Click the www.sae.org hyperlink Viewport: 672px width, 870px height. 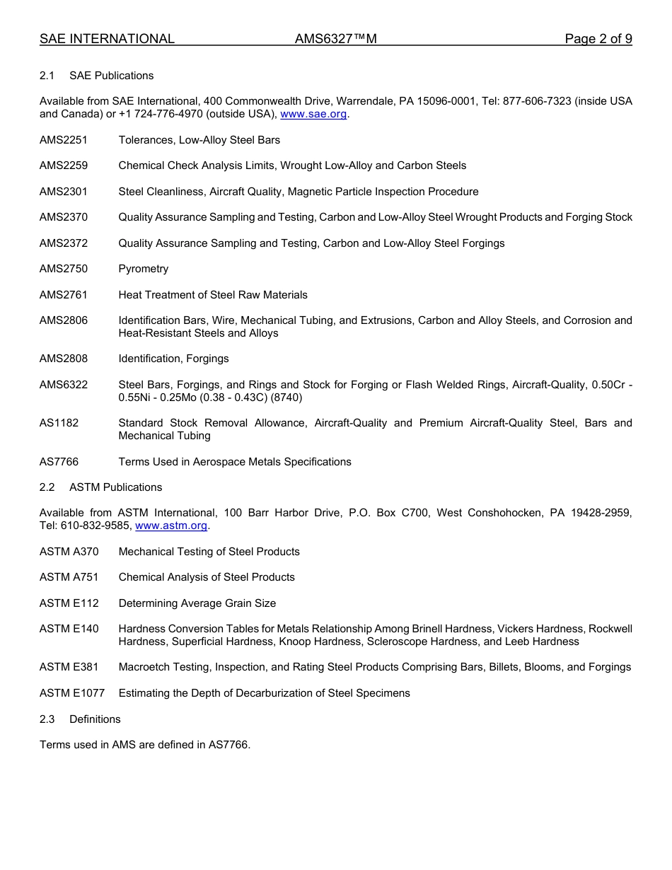[x=313, y=114]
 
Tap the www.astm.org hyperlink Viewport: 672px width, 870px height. [x=170, y=526]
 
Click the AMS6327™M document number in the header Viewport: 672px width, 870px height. [x=335, y=39]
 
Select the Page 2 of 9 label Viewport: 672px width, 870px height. [x=598, y=39]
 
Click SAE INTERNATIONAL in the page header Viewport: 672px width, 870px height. [x=107, y=39]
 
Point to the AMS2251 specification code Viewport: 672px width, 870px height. [x=64, y=140]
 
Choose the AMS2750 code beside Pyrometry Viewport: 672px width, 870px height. [x=64, y=269]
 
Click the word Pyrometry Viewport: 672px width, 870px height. [x=144, y=269]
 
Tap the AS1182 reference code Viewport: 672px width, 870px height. [x=59, y=423]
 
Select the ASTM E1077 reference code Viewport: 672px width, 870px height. [x=71, y=693]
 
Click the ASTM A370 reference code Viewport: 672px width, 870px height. [x=69, y=552]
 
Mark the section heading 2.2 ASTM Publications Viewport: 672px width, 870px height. [x=100, y=487]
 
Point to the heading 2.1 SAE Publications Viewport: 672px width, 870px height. [x=96, y=76]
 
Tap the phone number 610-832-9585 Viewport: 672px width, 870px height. [x=95, y=526]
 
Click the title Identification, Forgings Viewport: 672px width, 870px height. [x=173, y=359]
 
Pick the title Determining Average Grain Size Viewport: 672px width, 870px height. [x=197, y=603]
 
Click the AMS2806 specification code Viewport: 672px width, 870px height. [x=64, y=320]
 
